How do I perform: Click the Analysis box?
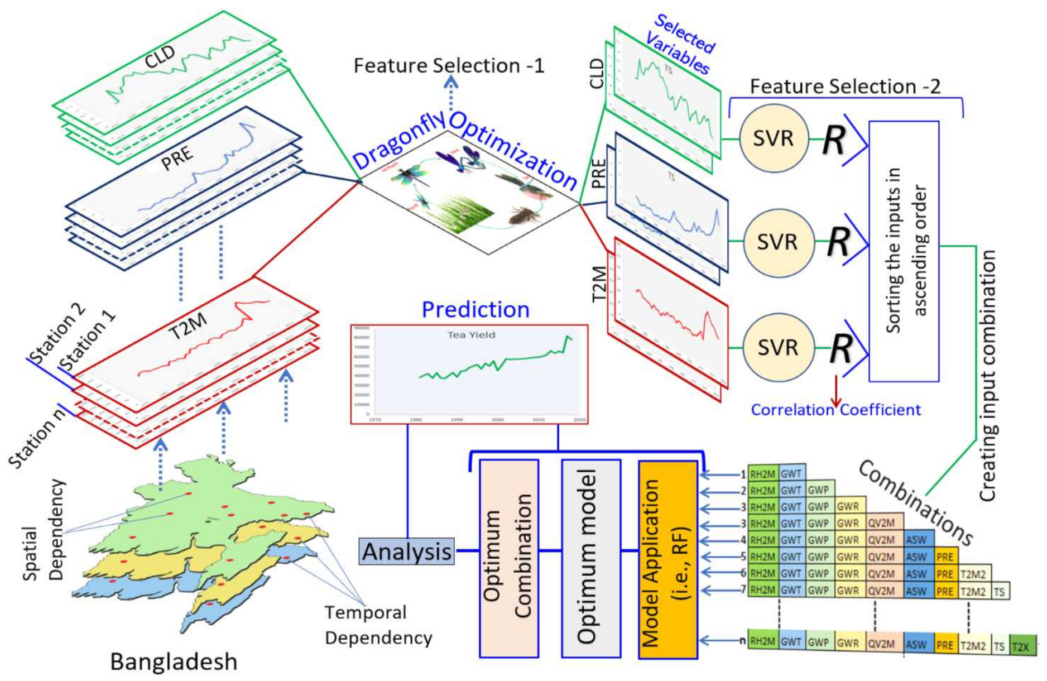click(x=406, y=551)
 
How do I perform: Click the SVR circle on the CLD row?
click(x=774, y=138)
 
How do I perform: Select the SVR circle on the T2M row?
click(x=778, y=347)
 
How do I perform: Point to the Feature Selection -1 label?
click(x=448, y=66)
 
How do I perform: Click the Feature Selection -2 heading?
click(x=845, y=87)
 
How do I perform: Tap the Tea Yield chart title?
click(x=471, y=335)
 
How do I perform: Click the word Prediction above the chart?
click(x=476, y=309)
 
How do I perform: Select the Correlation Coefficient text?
click(x=835, y=410)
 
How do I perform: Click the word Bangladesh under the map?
click(x=174, y=661)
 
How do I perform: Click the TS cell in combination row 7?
click(x=999, y=592)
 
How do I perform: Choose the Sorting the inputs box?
click(x=904, y=251)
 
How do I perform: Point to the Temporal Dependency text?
click(x=378, y=625)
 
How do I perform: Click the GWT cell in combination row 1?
click(x=791, y=474)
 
